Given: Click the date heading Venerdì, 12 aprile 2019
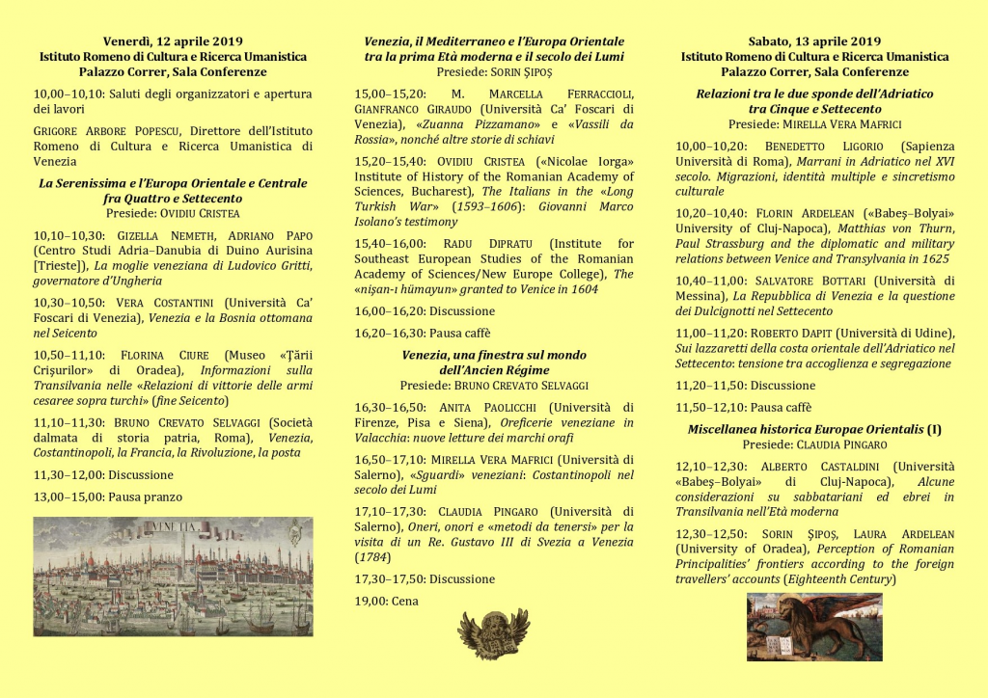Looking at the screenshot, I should [173, 41].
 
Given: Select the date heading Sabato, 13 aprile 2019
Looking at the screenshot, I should [814, 41].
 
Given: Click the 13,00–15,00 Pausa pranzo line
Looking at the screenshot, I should [108, 497].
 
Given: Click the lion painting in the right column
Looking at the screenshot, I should [814, 627].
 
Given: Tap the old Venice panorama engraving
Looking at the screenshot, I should [173, 577].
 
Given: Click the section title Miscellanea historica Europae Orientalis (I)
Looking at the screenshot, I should [814, 429].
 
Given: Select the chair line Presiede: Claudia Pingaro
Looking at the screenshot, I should [814, 444].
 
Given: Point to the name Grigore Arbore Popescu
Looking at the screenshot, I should [107, 131].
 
